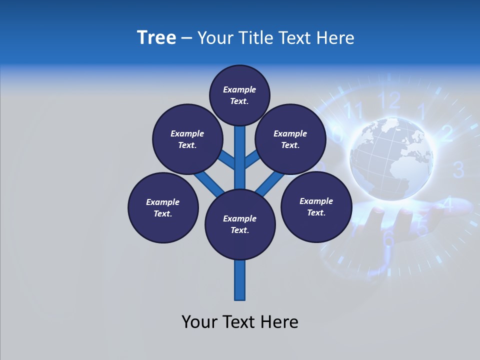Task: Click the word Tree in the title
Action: click(156, 38)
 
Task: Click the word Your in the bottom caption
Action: click(199, 321)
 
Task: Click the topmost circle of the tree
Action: click(239, 95)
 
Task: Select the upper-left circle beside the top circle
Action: click(187, 139)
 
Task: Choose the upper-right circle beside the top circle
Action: click(290, 139)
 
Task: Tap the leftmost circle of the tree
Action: click(163, 207)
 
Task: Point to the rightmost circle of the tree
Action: click(316, 206)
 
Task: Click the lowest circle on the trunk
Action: click(240, 224)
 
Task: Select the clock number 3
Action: click(458, 170)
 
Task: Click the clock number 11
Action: click(354, 110)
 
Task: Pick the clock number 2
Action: click(447, 133)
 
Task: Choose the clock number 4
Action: click(448, 204)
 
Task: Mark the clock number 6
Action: click(389, 238)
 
